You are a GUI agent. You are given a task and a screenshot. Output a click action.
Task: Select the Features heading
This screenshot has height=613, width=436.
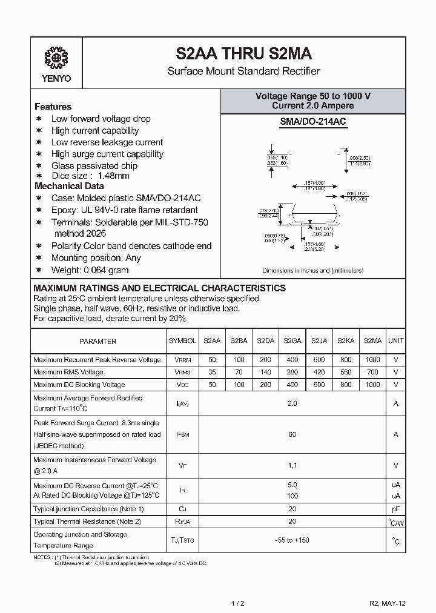tap(53, 107)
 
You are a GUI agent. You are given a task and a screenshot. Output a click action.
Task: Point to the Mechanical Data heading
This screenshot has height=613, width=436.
tap(69, 186)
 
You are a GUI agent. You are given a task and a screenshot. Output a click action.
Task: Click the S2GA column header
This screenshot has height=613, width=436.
tap(292, 341)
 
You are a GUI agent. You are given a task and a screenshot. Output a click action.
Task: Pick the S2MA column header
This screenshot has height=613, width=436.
tap(372, 341)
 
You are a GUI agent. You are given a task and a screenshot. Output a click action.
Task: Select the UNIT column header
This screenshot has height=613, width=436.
tap(396, 341)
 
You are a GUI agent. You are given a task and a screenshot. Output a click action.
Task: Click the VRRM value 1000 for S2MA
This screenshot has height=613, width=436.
tap(372, 360)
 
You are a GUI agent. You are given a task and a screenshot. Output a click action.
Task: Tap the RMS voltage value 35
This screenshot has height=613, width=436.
tap(212, 372)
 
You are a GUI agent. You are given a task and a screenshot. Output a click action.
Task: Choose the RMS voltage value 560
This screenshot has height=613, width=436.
tap(346, 372)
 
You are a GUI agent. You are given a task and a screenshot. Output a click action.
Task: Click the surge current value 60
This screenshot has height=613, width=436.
tap(292, 434)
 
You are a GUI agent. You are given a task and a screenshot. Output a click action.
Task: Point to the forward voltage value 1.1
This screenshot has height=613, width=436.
tap(292, 465)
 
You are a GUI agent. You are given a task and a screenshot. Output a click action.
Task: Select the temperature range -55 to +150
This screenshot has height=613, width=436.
tap(292, 540)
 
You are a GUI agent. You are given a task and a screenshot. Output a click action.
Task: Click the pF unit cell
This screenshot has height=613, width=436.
tap(396, 509)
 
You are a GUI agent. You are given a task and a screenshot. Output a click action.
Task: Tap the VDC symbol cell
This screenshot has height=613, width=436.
tap(182, 385)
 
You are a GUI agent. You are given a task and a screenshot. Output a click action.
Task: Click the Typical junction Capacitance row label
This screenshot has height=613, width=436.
tap(88, 509)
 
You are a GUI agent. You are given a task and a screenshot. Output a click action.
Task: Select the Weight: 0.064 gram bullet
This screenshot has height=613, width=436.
tap(90, 270)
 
